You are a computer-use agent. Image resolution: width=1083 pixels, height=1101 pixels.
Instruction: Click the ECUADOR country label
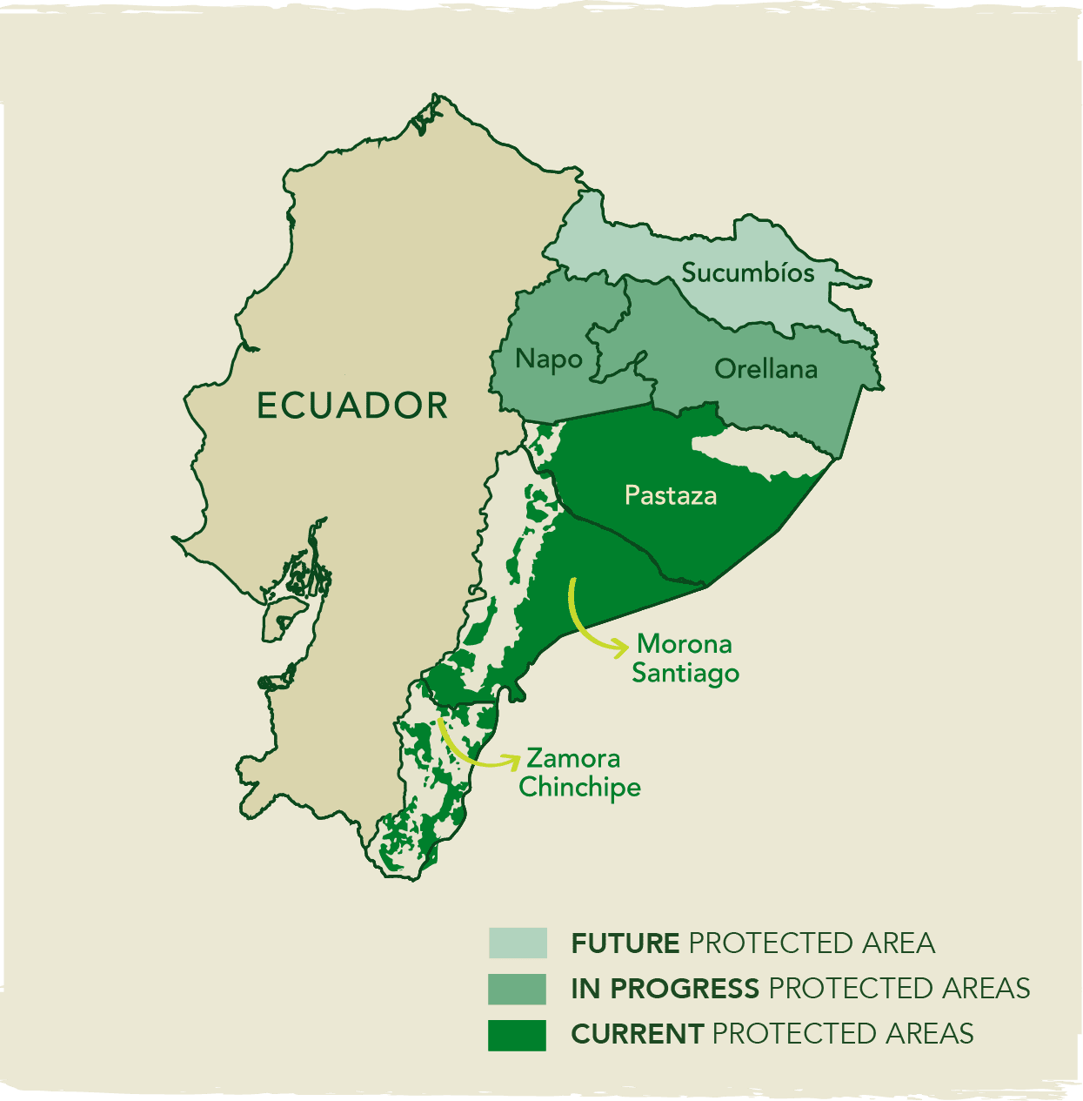click(x=352, y=406)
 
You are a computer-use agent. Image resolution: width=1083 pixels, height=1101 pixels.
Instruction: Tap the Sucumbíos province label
click(x=747, y=272)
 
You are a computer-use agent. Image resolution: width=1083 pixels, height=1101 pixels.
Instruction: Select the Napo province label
click(x=548, y=359)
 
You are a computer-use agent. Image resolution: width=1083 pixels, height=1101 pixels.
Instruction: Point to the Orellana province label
click(x=765, y=369)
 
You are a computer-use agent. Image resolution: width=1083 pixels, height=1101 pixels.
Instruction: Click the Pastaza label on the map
click(x=671, y=495)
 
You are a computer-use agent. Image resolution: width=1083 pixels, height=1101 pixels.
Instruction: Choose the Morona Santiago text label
click(x=685, y=658)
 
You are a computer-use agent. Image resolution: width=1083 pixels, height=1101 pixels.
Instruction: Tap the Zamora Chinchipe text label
click(x=579, y=773)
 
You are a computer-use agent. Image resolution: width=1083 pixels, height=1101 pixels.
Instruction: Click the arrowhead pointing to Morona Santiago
click(x=622, y=647)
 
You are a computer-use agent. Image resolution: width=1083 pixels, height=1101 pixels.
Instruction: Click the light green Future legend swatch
click(x=518, y=943)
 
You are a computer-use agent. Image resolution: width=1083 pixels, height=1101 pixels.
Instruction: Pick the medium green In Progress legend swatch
click(x=518, y=989)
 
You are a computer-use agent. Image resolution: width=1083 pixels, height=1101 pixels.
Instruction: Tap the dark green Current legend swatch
click(x=518, y=1035)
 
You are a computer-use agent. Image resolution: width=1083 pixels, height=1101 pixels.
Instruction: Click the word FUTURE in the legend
click(x=625, y=943)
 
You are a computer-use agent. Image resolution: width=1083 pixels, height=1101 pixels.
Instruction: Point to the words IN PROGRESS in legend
click(x=665, y=989)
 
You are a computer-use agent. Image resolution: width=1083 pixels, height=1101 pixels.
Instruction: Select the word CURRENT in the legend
click(x=637, y=1034)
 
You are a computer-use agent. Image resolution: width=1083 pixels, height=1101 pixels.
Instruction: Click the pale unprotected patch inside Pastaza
click(x=757, y=453)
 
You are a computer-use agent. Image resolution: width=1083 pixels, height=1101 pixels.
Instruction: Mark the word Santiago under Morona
click(x=685, y=673)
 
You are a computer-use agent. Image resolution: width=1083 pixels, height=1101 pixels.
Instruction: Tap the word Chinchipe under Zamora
click(x=579, y=787)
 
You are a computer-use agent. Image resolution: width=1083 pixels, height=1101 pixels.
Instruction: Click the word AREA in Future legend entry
click(x=899, y=943)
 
